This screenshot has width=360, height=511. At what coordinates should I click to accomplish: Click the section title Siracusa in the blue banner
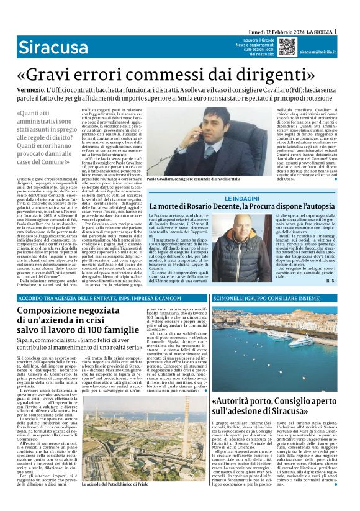[44, 47]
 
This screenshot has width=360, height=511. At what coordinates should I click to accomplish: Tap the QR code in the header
[287, 47]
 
